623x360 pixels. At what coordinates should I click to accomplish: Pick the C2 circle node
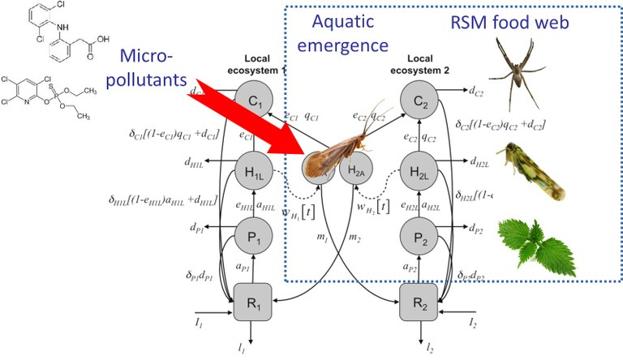tap(420, 103)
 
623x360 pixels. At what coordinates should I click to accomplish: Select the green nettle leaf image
tap(525, 240)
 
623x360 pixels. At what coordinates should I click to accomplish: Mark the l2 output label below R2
tap(429, 348)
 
